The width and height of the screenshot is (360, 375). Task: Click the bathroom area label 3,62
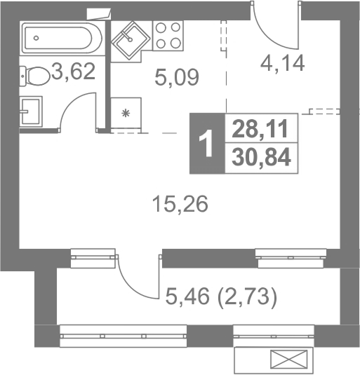coord(74,71)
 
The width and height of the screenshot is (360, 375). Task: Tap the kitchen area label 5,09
coord(177,77)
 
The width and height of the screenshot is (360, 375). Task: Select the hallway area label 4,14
coord(282,63)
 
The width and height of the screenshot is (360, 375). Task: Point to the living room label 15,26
coord(180,204)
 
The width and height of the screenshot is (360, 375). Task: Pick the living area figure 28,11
coord(260,129)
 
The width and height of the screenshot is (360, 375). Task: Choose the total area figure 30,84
coord(261,157)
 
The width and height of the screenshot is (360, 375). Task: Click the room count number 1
coord(206,143)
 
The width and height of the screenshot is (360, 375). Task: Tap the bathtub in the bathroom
coord(61,39)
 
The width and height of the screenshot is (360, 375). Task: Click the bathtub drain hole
coord(36,38)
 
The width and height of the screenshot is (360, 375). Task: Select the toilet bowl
coord(34,76)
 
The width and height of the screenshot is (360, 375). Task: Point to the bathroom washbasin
coord(31,111)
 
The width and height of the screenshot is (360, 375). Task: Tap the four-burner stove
coord(168,35)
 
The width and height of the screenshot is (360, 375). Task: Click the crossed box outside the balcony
coord(288,358)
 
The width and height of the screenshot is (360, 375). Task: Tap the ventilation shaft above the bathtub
coord(99,14)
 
